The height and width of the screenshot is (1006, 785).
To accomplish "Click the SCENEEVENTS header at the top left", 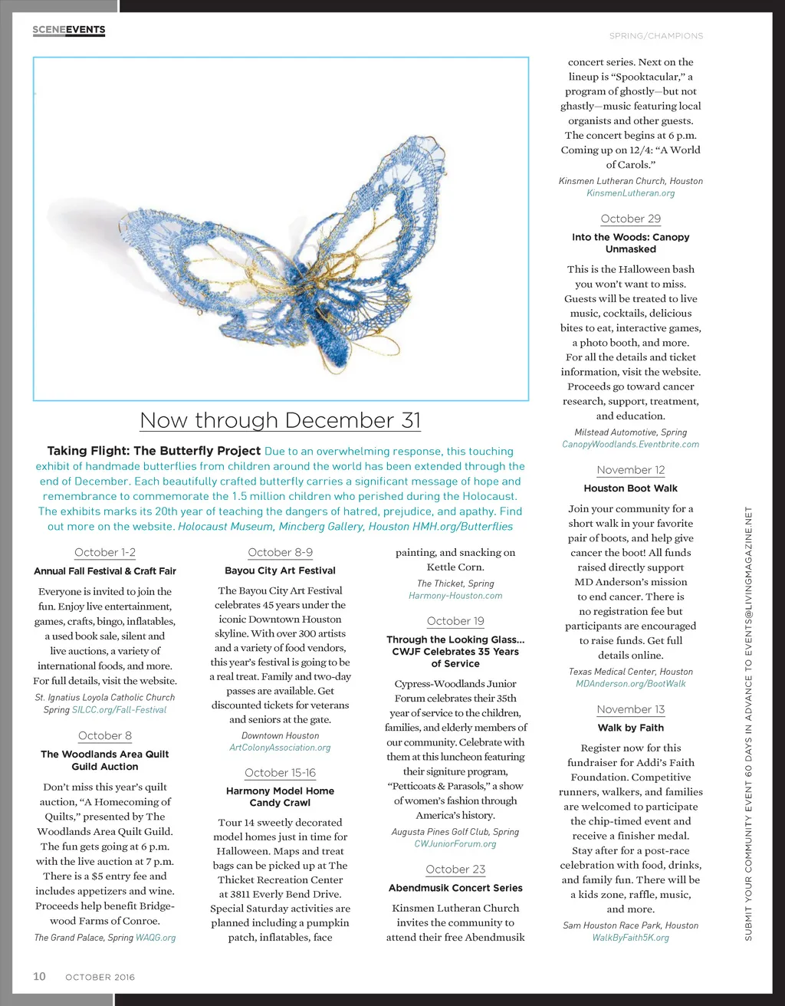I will tap(69, 30).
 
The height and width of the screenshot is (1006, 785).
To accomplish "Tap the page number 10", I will tap(39, 976).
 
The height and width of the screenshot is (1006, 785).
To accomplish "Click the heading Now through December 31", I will tap(281, 420).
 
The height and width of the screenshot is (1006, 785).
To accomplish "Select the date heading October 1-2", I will tap(105, 552).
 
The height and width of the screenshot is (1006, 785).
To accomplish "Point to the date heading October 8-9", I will tap(280, 552).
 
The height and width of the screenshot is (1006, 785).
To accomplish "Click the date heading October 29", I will tap(630, 219).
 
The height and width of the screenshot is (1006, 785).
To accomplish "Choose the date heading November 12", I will tap(630, 470).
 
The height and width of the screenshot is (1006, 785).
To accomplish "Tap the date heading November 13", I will tap(630, 710).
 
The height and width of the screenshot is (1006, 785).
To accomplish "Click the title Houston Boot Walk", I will tap(630, 488).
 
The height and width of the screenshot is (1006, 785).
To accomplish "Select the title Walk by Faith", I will tap(630, 728).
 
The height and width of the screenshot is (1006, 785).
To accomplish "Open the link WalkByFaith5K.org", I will tap(630, 938).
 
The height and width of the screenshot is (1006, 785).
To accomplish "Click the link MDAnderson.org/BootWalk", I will tap(630, 684).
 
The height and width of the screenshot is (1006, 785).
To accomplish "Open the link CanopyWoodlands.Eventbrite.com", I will tap(630, 445).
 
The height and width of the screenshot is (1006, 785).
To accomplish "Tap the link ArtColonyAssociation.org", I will tap(280, 748).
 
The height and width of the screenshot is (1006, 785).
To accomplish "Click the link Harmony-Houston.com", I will tap(455, 596).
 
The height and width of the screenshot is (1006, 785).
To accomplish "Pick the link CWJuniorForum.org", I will tap(455, 844).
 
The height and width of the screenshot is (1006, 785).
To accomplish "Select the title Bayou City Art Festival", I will tap(280, 570).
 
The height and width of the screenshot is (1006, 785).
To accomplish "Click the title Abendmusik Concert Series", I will tap(455, 888).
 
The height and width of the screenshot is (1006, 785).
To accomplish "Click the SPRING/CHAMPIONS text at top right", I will tap(655, 36).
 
